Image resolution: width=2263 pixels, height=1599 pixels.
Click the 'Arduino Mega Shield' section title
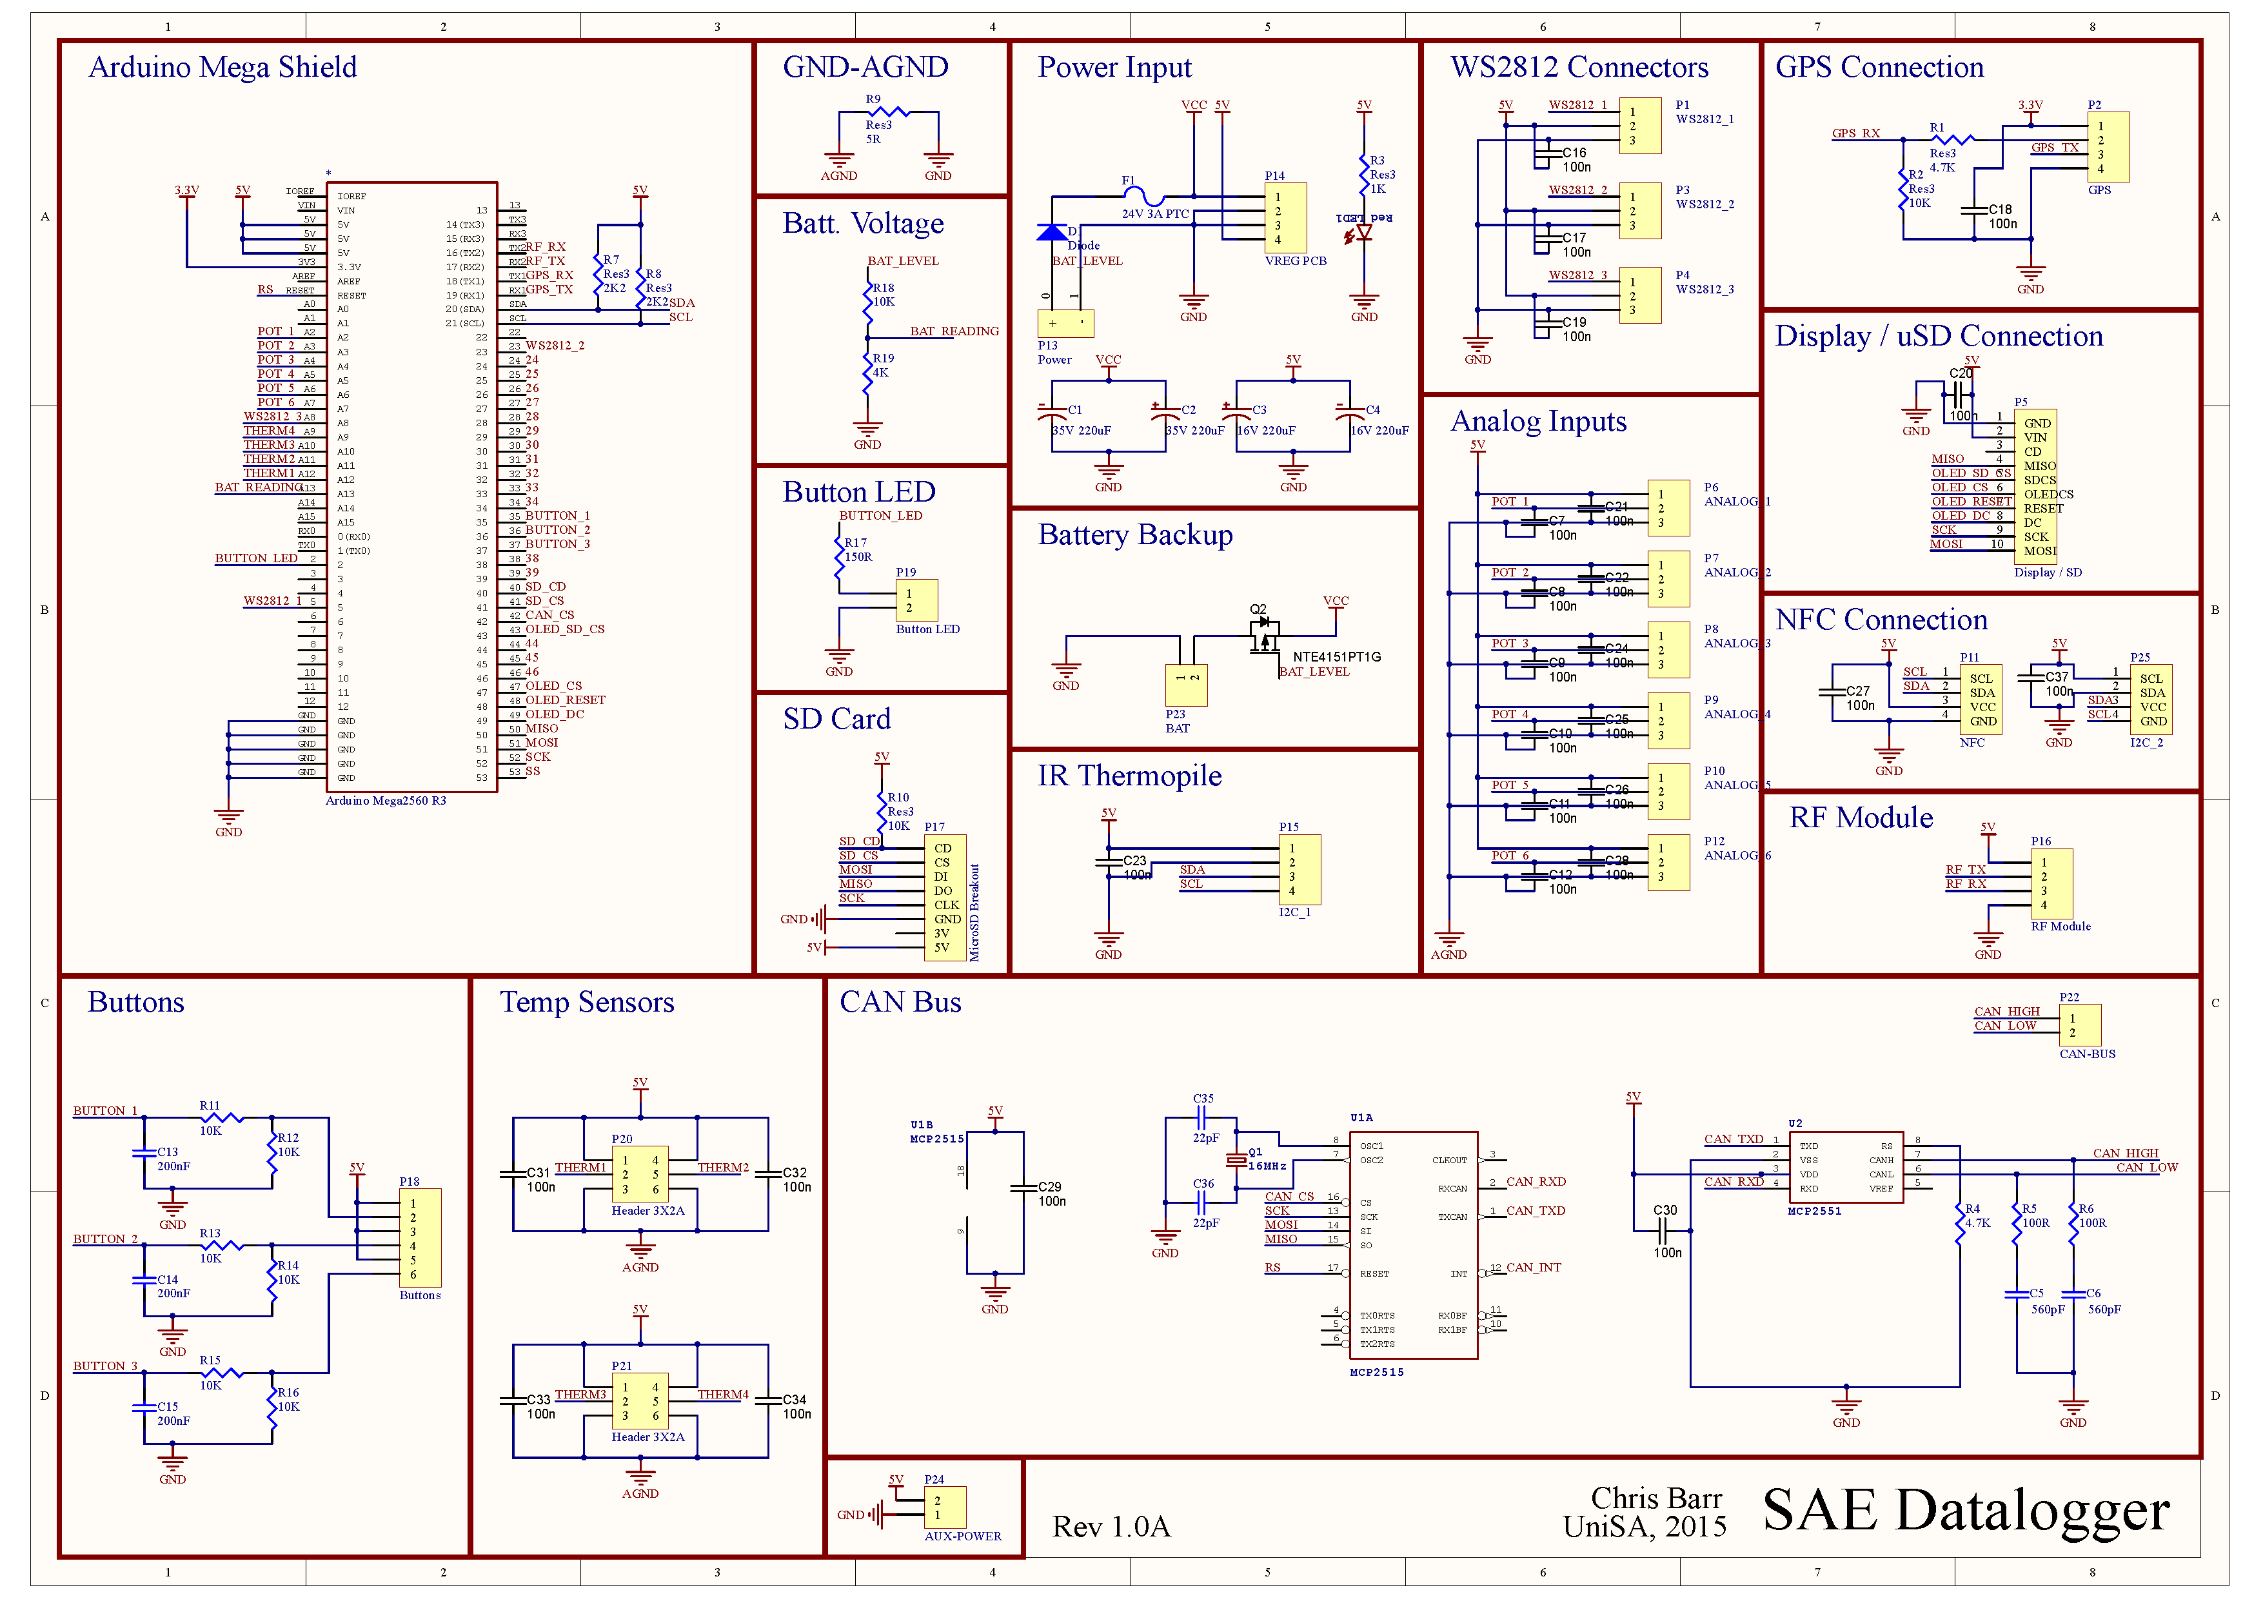[x=222, y=67]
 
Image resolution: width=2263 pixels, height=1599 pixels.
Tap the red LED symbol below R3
[x=1363, y=233]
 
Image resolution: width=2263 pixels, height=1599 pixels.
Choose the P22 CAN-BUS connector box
[x=2080, y=1025]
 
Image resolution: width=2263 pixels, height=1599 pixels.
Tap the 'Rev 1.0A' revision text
[x=1111, y=1526]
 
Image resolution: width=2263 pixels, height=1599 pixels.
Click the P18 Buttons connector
[x=420, y=1237]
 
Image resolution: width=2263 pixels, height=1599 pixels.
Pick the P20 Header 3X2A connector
[x=640, y=1174]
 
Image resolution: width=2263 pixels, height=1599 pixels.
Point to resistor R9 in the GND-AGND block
[x=887, y=112]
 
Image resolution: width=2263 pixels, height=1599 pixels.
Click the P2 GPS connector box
[x=2108, y=147]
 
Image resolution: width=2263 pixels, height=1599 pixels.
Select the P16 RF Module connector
[x=2051, y=884]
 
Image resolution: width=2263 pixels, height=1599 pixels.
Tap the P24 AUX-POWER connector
[x=944, y=1507]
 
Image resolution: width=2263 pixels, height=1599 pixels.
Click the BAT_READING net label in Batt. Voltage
[x=953, y=331]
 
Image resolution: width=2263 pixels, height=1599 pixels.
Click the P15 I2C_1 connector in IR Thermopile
[x=1299, y=869]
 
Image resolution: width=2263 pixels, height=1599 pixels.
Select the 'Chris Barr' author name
[x=1656, y=1498]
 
